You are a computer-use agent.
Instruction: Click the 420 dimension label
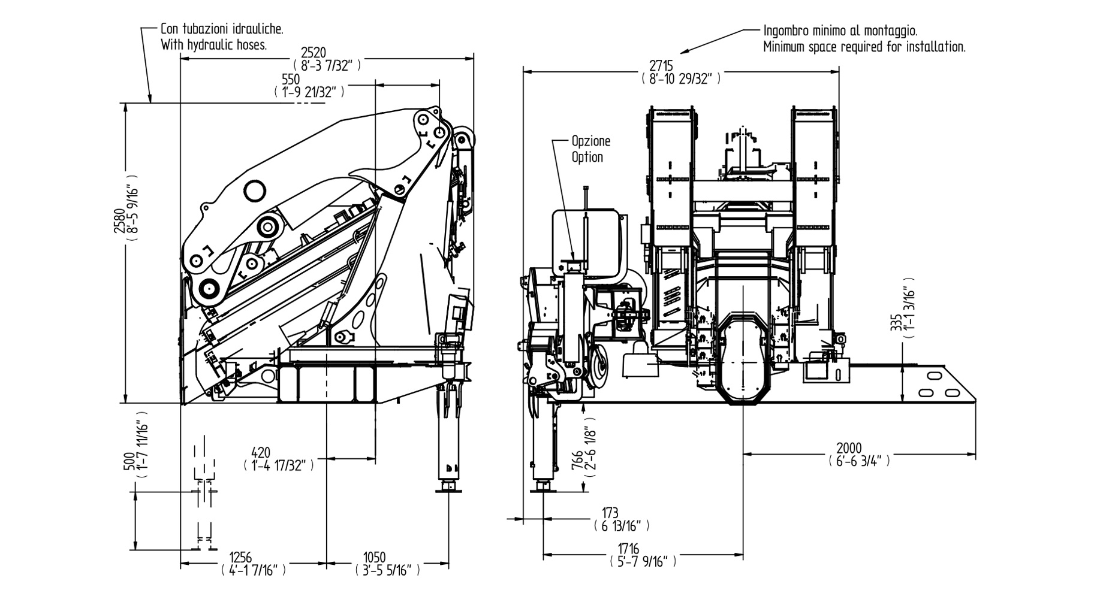261,452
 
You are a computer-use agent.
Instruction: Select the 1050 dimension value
375,557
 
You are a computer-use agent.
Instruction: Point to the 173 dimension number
610,513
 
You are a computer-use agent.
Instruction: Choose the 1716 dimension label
629,549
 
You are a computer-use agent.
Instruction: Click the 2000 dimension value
849,448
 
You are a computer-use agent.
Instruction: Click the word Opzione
590,141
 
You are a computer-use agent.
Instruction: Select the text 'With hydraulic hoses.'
213,45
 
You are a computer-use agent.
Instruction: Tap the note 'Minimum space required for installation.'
864,47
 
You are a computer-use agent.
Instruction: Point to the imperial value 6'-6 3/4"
858,461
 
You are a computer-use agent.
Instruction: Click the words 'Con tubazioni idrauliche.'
222,29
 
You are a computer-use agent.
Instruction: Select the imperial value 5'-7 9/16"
642,562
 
